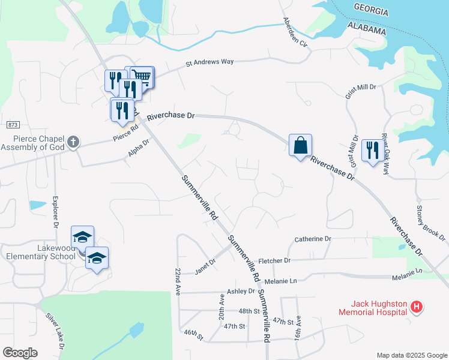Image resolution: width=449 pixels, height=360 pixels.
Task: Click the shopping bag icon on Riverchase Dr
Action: pos(300,145)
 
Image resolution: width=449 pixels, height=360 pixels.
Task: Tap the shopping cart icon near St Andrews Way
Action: pos(142,76)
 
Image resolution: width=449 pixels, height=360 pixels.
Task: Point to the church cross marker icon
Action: pos(73,142)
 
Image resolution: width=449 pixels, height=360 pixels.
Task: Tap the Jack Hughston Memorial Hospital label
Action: pos(372,307)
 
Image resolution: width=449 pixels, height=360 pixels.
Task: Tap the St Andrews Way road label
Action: pos(209,61)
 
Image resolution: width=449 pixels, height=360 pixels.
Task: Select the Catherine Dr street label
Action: pos(313,239)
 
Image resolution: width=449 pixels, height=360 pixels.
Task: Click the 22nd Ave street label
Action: pos(178,280)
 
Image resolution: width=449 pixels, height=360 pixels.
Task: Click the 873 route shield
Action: pos(13,125)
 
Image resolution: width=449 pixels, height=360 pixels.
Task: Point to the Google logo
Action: pos(20,352)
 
